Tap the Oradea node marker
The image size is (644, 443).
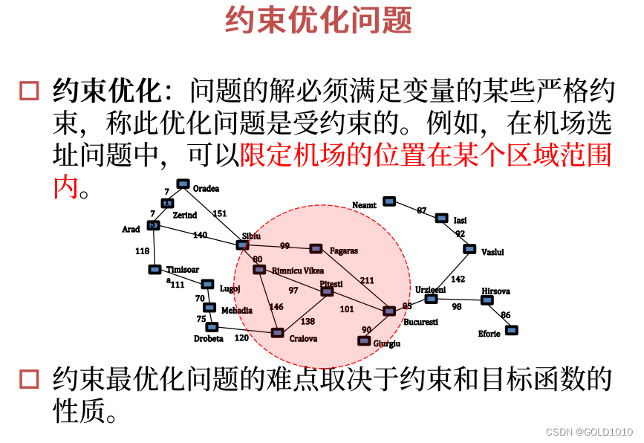(183, 184)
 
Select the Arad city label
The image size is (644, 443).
(131, 230)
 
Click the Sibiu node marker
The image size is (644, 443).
(242, 245)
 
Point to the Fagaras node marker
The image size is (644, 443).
(316, 248)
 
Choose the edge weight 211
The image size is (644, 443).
(367, 280)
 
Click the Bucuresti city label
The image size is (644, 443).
(420, 322)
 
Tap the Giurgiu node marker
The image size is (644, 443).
(364, 340)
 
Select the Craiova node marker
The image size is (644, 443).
(277, 333)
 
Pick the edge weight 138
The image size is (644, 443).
(308, 321)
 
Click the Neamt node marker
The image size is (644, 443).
(388, 201)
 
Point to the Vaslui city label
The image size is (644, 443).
(492, 252)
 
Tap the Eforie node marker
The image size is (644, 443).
(511, 330)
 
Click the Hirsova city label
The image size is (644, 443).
(495, 291)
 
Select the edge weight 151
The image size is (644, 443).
(220, 213)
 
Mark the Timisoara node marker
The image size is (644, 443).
(155, 269)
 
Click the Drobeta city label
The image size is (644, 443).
(208, 339)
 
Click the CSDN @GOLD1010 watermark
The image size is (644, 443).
(589, 432)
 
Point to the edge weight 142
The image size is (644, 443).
(458, 279)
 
